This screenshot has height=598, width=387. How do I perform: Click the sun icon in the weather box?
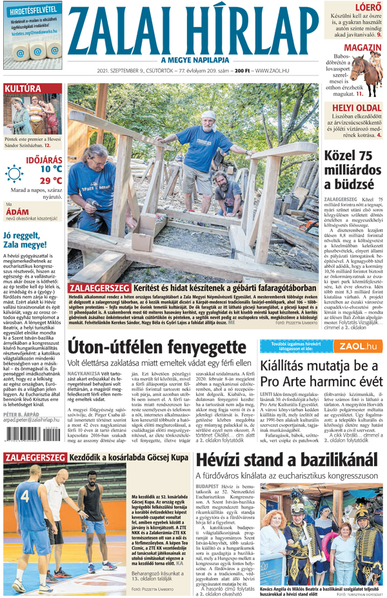click(14, 172)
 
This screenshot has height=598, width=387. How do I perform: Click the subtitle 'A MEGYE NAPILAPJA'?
click(193, 60)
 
